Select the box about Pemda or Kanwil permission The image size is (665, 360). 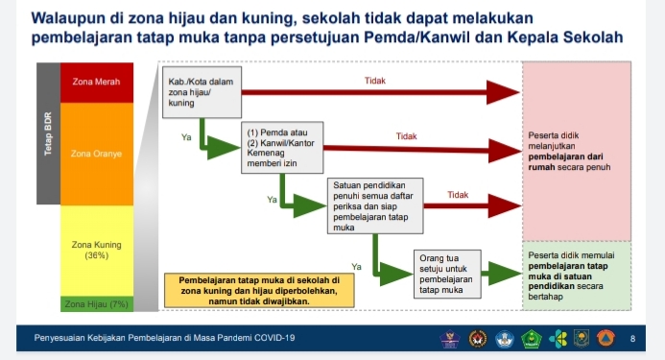[281, 147]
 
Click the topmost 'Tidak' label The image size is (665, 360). [375, 82]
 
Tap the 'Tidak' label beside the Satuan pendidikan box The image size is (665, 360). [458, 195]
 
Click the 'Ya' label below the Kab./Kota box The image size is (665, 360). [186, 138]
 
